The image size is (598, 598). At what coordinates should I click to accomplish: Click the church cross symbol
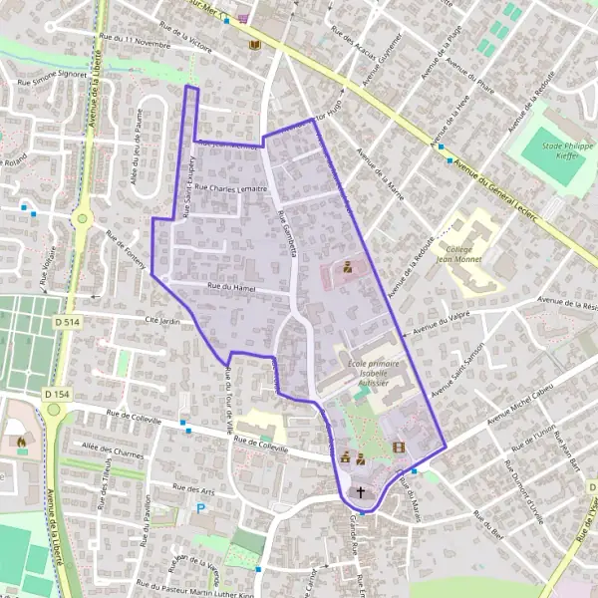click(x=361, y=491)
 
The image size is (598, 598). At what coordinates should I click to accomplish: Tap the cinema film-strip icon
click(x=399, y=448)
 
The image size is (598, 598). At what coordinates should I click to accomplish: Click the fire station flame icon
click(x=18, y=440)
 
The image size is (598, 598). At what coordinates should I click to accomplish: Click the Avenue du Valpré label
click(x=440, y=322)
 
